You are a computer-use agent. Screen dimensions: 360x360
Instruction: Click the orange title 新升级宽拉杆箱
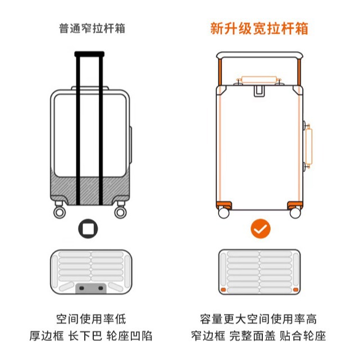pyautogui.click(x=259, y=29)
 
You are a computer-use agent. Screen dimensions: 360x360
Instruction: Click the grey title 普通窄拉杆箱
pyautogui.click(x=92, y=29)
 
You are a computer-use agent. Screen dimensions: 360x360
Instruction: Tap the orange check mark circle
pyautogui.click(x=260, y=229)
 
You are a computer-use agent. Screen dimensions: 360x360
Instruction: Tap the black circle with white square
pyautogui.click(x=88, y=229)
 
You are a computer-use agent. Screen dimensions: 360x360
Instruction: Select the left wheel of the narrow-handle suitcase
pyautogui.click(x=58, y=212)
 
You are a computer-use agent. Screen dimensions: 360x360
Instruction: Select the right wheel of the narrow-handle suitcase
pyautogui.click(x=120, y=212)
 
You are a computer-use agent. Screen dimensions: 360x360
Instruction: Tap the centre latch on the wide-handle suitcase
pyautogui.click(x=260, y=92)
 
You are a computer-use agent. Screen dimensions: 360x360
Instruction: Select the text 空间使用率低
pyautogui.click(x=91, y=319)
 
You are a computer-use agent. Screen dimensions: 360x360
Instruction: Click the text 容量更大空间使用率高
pyautogui.click(x=259, y=319)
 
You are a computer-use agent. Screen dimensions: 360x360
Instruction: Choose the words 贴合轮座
pyautogui.click(x=306, y=336)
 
